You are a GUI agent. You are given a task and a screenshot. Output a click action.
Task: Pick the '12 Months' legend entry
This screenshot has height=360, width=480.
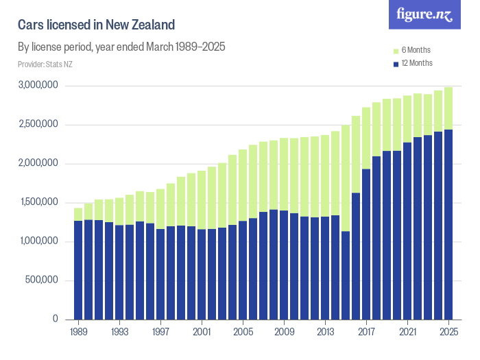click(416, 64)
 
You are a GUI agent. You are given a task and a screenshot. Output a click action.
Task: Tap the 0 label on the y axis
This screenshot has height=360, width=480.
click(56, 320)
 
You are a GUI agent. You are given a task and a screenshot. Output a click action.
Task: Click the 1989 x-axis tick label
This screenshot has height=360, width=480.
click(78, 331)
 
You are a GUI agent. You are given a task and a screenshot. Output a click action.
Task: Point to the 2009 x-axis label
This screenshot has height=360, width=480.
click(284, 331)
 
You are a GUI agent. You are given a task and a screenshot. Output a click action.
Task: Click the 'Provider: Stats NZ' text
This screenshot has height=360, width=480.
click(45, 64)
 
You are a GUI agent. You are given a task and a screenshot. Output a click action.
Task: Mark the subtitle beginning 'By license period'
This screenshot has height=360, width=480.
click(121, 47)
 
